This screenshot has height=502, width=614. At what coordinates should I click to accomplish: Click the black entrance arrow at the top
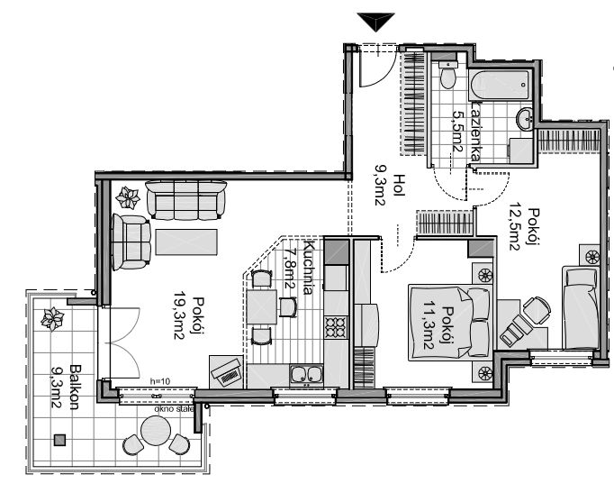[x=376, y=21]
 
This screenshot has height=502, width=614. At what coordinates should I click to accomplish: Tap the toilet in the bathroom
[x=447, y=75]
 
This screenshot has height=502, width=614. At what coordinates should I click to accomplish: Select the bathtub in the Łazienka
[x=500, y=85]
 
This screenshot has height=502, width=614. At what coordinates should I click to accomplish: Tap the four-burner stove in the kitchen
[x=336, y=327]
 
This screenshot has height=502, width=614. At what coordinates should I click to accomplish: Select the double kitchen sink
[x=306, y=373]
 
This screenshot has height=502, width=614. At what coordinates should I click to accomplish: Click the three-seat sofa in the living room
[x=186, y=200]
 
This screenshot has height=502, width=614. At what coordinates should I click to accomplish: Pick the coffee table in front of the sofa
[x=186, y=242]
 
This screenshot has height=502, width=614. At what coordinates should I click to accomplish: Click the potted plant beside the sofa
[x=128, y=197]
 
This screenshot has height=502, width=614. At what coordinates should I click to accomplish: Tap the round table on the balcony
[x=156, y=431]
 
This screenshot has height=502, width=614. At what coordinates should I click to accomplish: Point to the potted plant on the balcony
[x=52, y=319]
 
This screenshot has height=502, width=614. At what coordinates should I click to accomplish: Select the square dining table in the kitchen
[x=262, y=306]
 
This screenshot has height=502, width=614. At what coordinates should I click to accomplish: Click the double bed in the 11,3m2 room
[x=449, y=323]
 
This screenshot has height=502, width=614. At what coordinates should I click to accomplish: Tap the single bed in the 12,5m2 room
[x=581, y=307]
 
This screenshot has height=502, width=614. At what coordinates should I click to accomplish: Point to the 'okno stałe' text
[x=174, y=409]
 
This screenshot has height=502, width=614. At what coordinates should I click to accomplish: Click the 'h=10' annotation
[x=160, y=381]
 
